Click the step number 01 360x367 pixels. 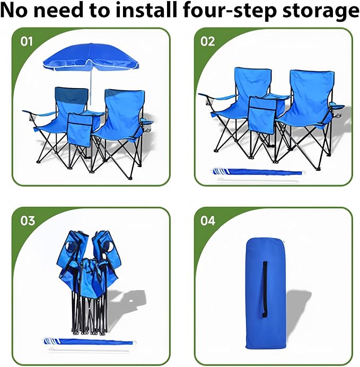coord(27,41)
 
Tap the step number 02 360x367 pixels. coord(207,41)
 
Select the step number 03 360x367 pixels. coord(28,221)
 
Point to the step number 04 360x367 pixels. coord(208,221)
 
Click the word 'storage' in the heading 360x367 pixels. coord(321,11)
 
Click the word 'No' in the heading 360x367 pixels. coord(14,10)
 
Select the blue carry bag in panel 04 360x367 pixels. coord(266,293)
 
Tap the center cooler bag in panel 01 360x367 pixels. coord(80,129)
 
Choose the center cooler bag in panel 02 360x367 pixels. coord(262,115)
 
